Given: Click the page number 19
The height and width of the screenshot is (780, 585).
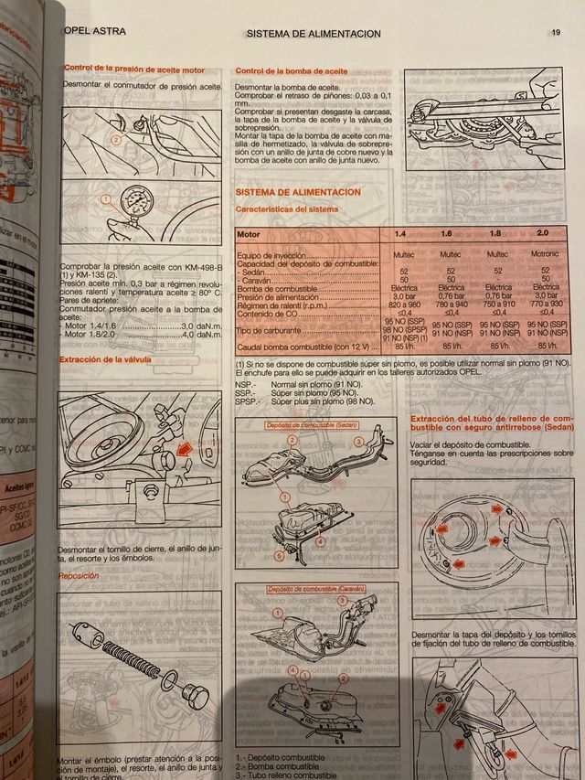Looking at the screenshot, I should [x=556, y=33].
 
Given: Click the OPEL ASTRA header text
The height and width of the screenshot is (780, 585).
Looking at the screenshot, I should [x=94, y=30].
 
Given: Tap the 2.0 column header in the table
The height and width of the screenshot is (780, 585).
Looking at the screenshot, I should [x=543, y=234].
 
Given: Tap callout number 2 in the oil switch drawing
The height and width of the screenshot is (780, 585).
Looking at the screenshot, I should [x=116, y=141].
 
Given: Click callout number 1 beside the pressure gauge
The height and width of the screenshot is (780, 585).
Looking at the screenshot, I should [x=106, y=198].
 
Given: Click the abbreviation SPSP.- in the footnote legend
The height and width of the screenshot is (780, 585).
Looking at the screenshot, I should [x=247, y=401].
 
